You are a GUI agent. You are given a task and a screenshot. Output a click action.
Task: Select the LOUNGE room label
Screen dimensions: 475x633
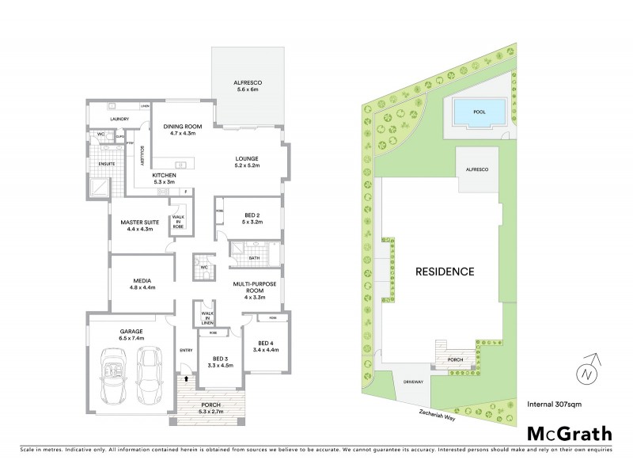coord(247,162)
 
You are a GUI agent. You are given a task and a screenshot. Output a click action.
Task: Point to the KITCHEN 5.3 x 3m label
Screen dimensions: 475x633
coord(165,178)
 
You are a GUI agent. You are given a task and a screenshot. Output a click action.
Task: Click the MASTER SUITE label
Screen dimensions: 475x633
coord(139,226)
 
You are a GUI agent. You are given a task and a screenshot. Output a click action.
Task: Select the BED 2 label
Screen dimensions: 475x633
coord(251,218)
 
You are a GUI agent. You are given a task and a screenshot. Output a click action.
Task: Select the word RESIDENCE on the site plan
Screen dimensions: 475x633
coord(445,272)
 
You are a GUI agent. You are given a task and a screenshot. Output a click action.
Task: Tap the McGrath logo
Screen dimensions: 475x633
coord(569,433)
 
